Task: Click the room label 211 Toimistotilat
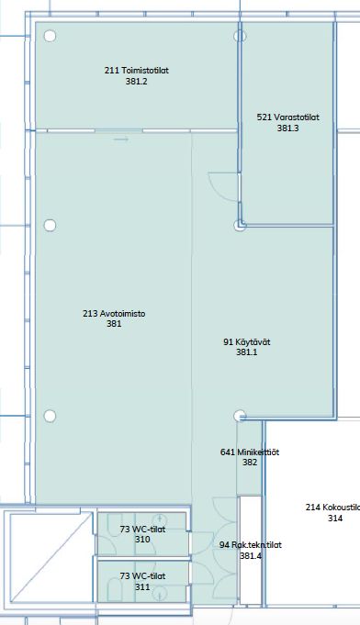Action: point(136,71)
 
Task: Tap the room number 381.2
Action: point(136,82)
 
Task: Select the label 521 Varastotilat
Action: point(287,117)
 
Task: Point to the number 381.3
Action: point(287,128)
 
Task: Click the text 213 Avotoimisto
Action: point(114,313)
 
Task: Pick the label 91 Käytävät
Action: point(247,341)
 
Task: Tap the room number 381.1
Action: point(247,352)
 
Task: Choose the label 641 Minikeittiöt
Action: point(250,452)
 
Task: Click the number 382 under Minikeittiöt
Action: point(250,463)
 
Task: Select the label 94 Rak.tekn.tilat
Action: point(251,545)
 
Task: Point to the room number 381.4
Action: point(251,555)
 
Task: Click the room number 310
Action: point(142,540)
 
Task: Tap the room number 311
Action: point(142,586)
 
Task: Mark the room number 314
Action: point(335,519)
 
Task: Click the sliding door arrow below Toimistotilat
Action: point(121,140)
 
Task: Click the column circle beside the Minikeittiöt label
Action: point(240,416)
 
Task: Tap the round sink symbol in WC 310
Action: point(160,519)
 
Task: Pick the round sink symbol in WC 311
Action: point(160,596)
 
